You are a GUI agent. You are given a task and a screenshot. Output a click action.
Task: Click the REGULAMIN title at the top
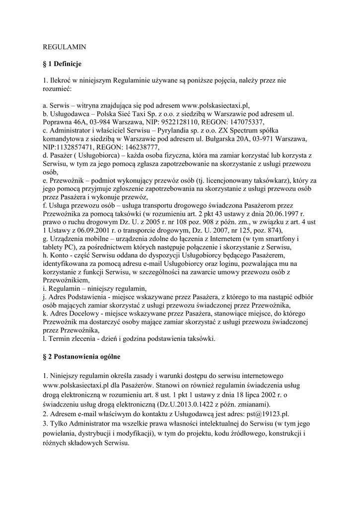click(x=65, y=47)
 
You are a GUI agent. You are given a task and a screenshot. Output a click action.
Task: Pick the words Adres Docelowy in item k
click(x=72, y=314)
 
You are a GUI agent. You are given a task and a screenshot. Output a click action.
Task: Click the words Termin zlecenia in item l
click(x=72, y=339)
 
